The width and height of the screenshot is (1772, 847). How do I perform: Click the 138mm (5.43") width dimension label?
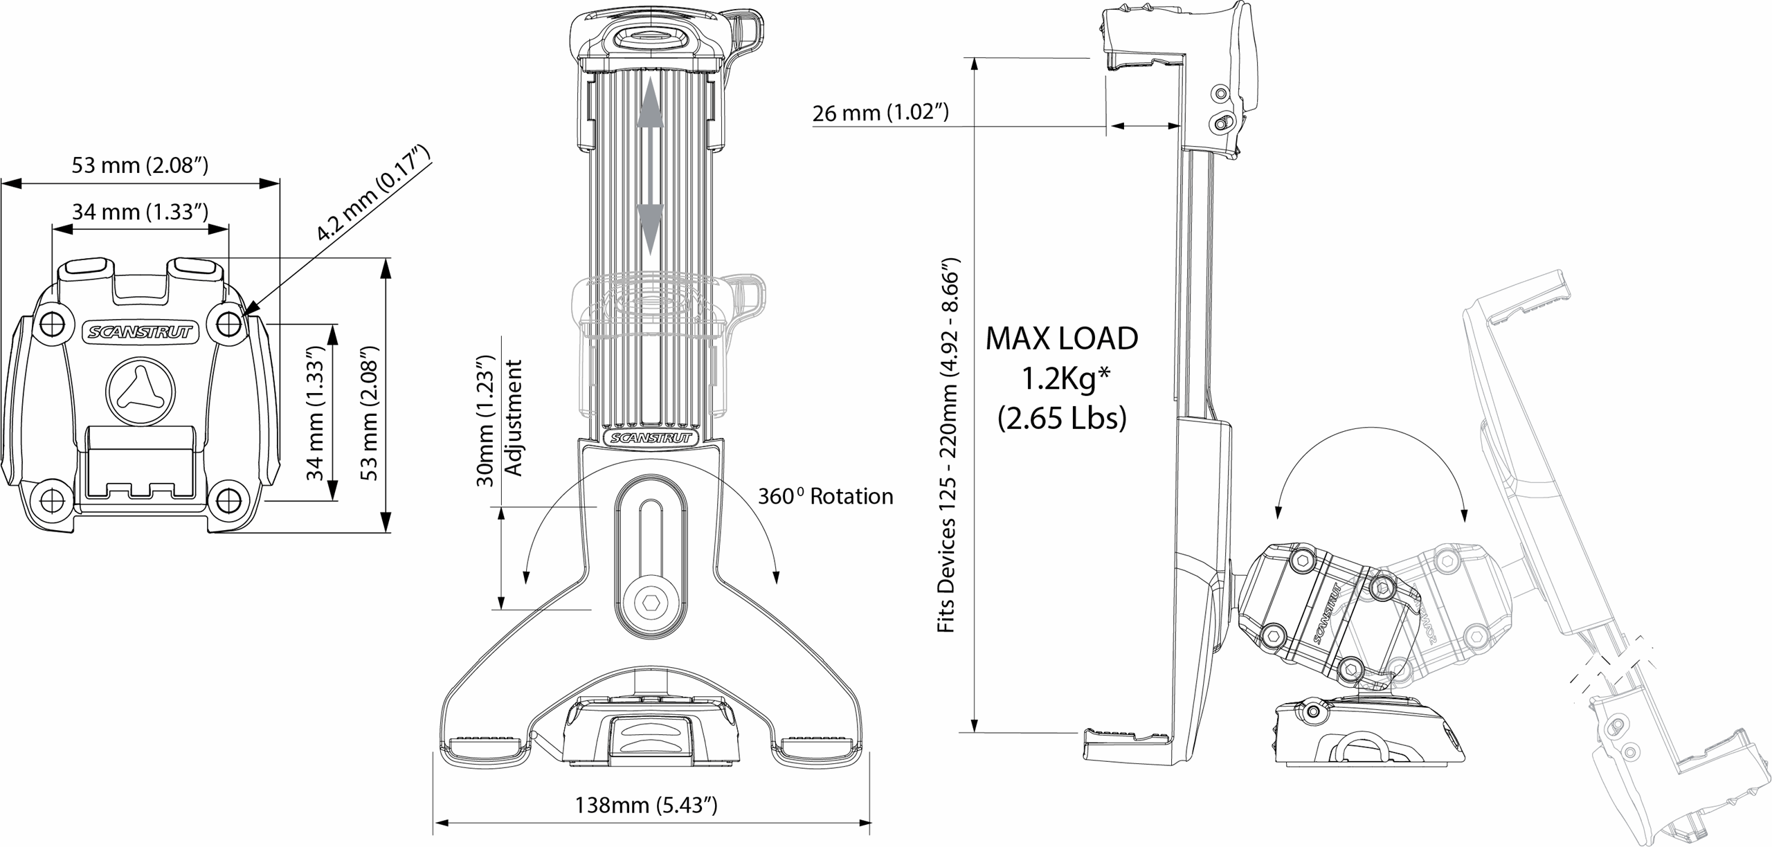(x=646, y=805)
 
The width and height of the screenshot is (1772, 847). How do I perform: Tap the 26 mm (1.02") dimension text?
(x=880, y=113)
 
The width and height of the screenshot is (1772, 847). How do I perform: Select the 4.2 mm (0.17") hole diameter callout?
(x=373, y=192)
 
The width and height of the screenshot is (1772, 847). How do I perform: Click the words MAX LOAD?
(x=1062, y=338)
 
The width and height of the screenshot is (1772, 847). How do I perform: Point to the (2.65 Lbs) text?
(x=1062, y=419)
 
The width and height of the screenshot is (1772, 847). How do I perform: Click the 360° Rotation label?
(x=826, y=496)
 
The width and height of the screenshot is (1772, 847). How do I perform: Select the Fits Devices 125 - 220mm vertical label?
(x=946, y=445)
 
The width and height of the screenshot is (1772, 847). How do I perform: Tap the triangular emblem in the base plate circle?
(x=141, y=392)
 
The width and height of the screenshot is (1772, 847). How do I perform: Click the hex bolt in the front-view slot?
(x=651, y=603)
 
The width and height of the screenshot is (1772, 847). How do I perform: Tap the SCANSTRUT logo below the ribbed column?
(x=651, y=437)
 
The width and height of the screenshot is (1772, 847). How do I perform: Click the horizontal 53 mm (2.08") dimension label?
(x=141, y=165)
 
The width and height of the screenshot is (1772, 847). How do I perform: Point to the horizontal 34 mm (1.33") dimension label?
(x=141, y=212)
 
